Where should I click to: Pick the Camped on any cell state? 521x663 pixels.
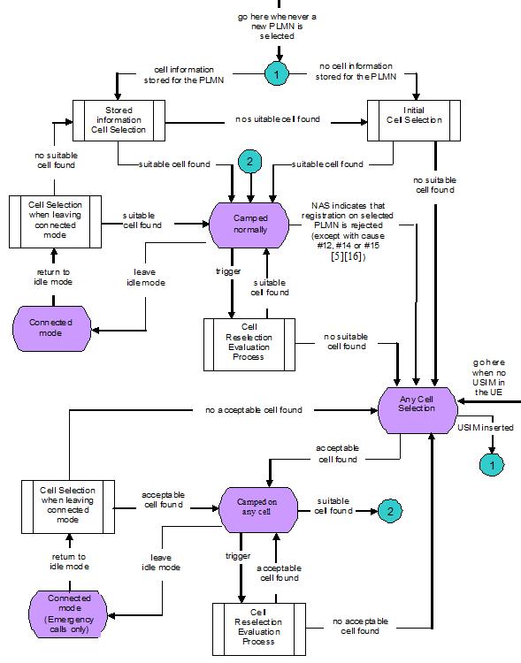tap(257, 508)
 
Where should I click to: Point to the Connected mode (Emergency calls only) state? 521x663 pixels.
tap(69, 615)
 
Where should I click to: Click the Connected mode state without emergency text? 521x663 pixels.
tap(54, 327)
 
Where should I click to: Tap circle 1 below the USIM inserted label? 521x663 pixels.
tap(490, 462)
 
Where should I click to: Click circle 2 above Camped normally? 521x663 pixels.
tap(250, 163)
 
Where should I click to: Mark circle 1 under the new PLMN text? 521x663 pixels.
tap(276, 75)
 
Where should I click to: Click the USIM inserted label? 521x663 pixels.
tap(485, 428)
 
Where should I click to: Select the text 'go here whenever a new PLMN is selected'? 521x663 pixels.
tap(275, 27)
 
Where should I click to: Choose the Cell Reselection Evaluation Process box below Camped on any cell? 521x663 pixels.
tap(258, 628)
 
